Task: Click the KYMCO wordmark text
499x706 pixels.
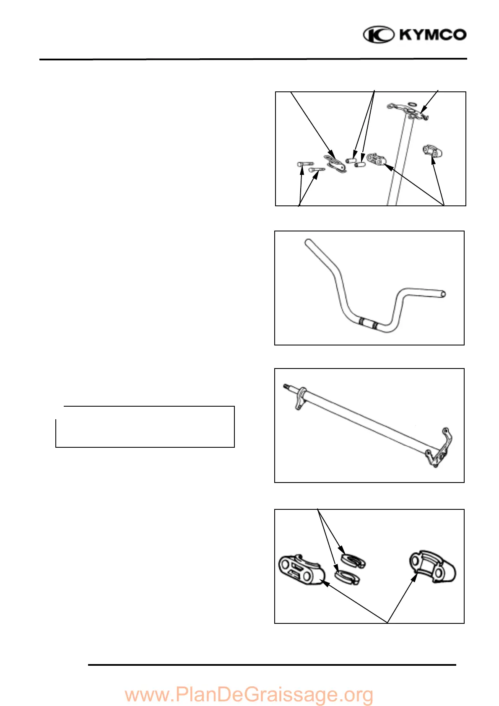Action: (x=433, y=34)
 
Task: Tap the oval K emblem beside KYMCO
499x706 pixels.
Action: (x=378, y=34)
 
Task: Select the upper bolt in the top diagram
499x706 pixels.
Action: (x=305, y=164)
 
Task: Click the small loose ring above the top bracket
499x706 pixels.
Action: (x=413, y=103)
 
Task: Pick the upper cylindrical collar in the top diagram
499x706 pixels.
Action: (x=351, y=160)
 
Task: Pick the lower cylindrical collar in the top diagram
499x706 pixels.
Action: (x=360, y=164)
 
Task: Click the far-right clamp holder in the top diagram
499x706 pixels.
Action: (x=433, y=151)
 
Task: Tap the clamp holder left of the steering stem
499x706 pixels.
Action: (x=376, y=159)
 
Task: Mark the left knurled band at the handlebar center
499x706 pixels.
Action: (x=361, y=322)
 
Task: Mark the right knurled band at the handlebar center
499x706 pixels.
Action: (x=374, y=325)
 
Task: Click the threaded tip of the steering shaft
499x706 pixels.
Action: (x=287, y=387)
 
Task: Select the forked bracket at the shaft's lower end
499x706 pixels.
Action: (x=440, y=451)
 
